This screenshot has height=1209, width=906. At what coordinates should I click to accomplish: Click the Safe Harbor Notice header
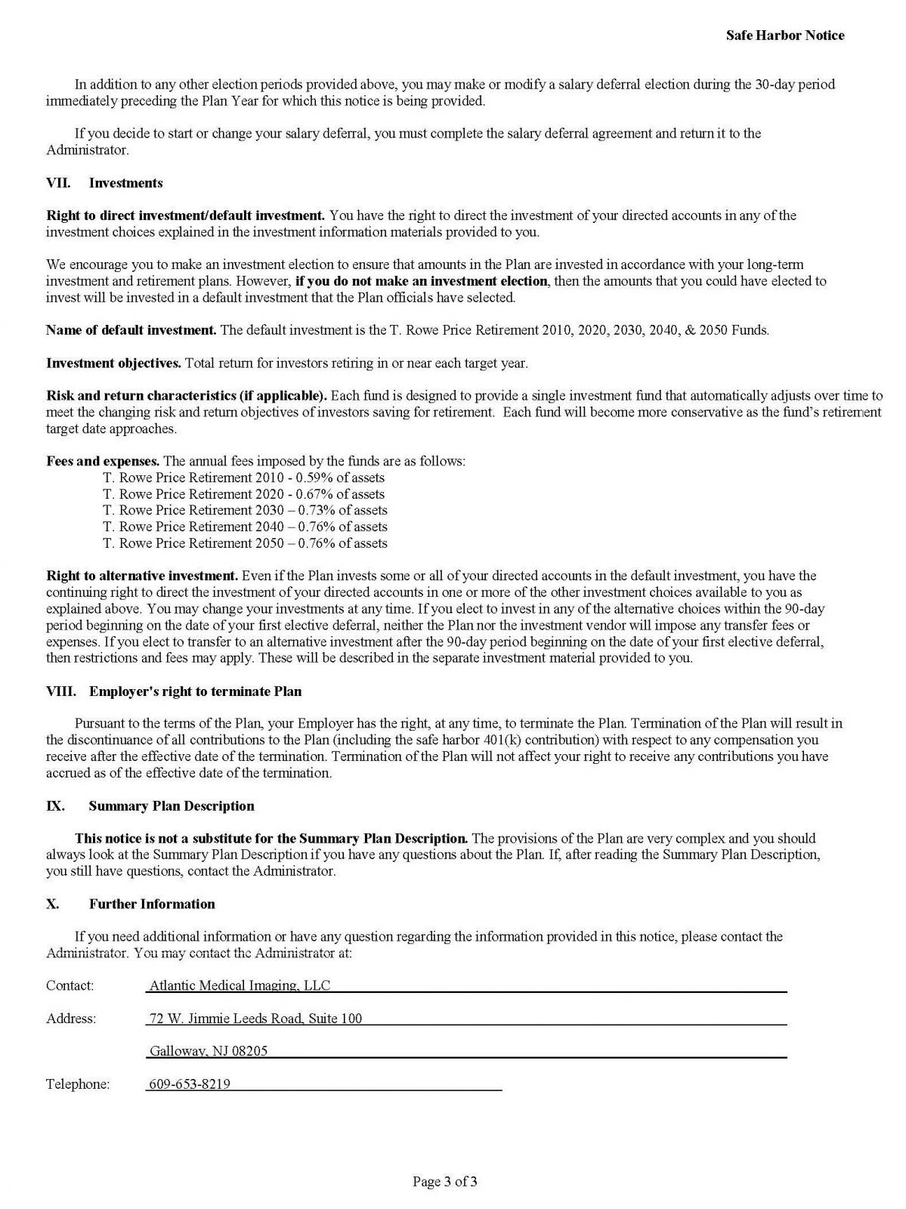coord(784,36)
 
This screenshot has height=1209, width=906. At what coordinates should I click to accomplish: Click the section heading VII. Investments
coord(104,183)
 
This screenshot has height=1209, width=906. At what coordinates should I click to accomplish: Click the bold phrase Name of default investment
coord(131,330)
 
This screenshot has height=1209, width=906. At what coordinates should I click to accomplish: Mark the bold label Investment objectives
coord(113,363)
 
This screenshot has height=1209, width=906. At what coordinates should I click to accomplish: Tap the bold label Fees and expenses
coord(103,461)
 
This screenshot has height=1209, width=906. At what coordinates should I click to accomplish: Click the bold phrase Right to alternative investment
coord(142,576)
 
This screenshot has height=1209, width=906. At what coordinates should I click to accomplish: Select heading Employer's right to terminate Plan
coord(195,691)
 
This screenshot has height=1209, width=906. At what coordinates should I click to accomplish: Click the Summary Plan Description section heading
coord(171,805)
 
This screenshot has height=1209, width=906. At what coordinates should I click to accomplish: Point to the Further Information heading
coord(151,904)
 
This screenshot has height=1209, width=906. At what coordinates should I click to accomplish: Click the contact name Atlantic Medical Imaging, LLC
coord(240,985)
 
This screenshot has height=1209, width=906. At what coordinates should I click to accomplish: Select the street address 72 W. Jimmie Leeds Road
coord(255,1019)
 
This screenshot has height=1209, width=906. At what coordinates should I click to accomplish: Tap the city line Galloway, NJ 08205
coord(209,1051)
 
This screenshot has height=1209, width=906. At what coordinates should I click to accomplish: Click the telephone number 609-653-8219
coord(190,1084)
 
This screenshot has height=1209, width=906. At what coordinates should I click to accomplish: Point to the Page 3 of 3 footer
coord(445,1181)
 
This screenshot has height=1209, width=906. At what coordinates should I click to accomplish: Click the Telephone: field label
coord(78,1084)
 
